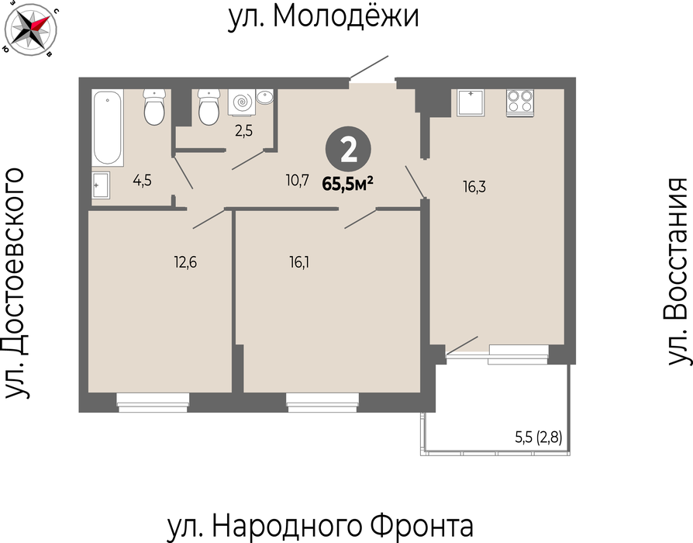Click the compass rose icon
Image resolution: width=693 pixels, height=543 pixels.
pyautogui.click(x=30, y=29)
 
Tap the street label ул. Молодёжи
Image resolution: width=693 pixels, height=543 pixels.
pyautogui.click(x=323, y=17)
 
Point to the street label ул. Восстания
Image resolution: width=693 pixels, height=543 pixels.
pyautogui.click(x=676, y=271)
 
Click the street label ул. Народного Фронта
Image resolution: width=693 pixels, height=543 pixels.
pyautogui.click(x=320, y=526)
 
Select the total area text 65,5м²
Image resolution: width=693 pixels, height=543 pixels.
pyautogui.click(x=348, y=184)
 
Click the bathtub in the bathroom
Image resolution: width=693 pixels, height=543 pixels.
pyautogui.click(x=108, y=128)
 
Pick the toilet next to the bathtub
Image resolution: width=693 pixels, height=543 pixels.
pyautogui.click(x=154, y=106)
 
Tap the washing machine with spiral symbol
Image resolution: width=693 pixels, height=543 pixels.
pyautogui.click(x=241, y=102)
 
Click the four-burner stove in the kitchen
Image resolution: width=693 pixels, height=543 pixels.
pyautogui.click(x=519, y=102)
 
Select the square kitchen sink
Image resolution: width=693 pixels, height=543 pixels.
pyautogui.click(x=471, y=102)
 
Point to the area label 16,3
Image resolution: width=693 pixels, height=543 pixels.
pyautogui.click(x=474, y=187)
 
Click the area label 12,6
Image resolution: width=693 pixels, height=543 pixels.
pyautogui.click(x=185, y=263)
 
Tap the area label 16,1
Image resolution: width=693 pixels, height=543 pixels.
pyautogui.click(x=299, y=263)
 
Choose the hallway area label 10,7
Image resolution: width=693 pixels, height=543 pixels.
pyautogui.click(x=297, y=181)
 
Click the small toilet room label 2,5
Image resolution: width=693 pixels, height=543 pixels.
pyautogui.click(x=243, y=131)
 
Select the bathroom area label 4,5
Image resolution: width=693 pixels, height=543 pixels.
pyautogui.click(x=143, y=181)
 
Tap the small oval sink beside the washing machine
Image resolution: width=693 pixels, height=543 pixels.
pyautogui.click(x=265, y=97)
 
